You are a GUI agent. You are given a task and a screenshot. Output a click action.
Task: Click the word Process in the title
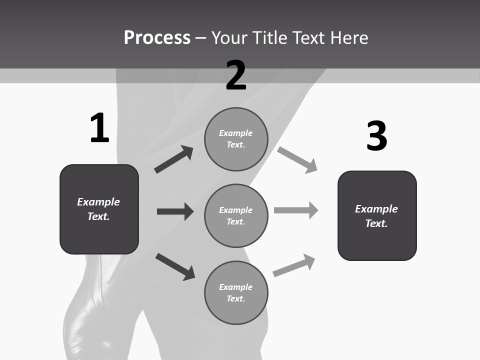coord(157,38)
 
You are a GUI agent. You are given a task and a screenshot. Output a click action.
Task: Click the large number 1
coord(99,128)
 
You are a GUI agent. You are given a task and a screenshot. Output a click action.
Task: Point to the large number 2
coord(236,75)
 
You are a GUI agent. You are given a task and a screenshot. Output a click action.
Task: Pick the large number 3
coord(376,136)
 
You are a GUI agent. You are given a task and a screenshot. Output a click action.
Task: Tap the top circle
coord(236,139)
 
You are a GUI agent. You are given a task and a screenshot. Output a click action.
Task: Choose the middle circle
coord(236,216)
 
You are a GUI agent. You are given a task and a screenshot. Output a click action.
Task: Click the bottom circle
coord(236,293)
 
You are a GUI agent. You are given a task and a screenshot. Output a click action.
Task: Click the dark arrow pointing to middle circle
coord(175,211)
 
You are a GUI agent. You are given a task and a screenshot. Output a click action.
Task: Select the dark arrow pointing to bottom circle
coord(175,266)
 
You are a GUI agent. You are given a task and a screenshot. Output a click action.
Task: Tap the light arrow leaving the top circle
coord(297,160)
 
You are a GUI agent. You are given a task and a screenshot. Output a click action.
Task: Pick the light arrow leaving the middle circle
coord(296,210)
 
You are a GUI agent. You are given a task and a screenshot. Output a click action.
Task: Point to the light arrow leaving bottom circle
coord(294,265)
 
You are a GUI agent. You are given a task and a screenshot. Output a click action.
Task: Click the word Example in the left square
coord(98,202)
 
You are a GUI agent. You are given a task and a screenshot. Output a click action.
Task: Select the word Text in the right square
coord(376,223)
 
